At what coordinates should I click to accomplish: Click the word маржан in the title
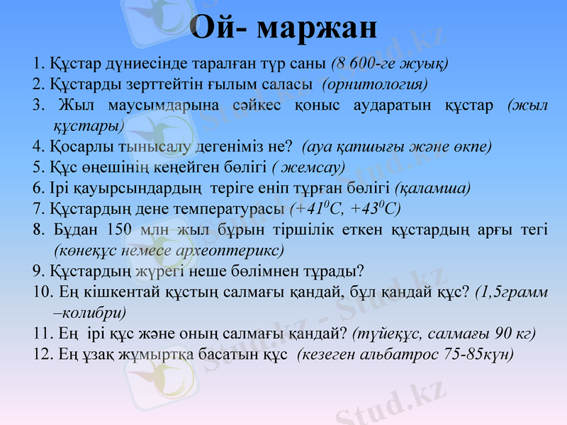(x=316, y=28)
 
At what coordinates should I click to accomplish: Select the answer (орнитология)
(x=375, y=84)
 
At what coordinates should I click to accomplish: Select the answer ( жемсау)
(x=308, y=167)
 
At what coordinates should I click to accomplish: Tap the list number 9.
(x=39, y=271)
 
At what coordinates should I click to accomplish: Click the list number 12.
(x=43, y=353)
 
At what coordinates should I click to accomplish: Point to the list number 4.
(x=39, y=147)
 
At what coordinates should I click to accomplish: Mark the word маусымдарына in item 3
(x=161, y=106)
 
